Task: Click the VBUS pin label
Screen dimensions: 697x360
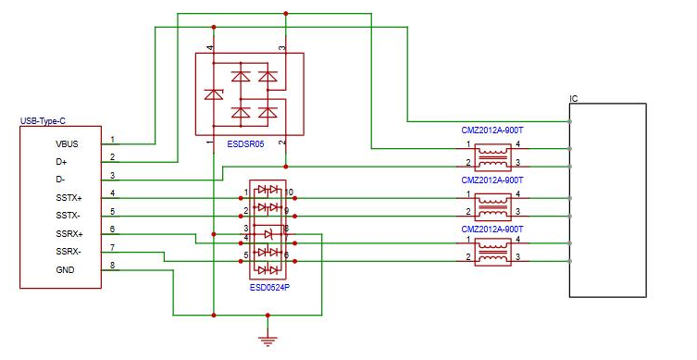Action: [67, 144]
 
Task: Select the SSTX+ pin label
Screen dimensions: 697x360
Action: [68, 198]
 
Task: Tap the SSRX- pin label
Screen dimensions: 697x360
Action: [68, 252]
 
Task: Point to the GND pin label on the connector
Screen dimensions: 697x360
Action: [65, 270]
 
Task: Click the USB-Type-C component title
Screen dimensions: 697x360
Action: [44, 121]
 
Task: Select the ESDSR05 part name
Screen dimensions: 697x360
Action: [245, 144]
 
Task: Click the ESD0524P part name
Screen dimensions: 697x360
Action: [269, 288]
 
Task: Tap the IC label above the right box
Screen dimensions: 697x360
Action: [574, 99]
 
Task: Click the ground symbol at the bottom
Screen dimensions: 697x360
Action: [268, 341]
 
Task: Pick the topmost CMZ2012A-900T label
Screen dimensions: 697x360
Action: [492, 130]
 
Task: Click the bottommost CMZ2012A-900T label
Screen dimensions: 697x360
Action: [492, 230]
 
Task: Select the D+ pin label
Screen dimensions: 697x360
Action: [61, 162]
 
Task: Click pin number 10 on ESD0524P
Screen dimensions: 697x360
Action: [290, 192]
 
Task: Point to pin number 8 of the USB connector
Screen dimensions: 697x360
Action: [112, 266]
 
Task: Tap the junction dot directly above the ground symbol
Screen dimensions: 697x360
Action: [268, 315]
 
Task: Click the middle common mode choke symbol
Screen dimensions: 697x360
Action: [493, 207]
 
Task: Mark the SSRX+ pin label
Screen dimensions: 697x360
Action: [69, 234]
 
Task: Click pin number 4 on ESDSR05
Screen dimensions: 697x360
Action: [210, 47]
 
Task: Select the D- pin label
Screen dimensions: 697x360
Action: [60, 180]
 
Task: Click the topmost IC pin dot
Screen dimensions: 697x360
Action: [570, 121]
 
